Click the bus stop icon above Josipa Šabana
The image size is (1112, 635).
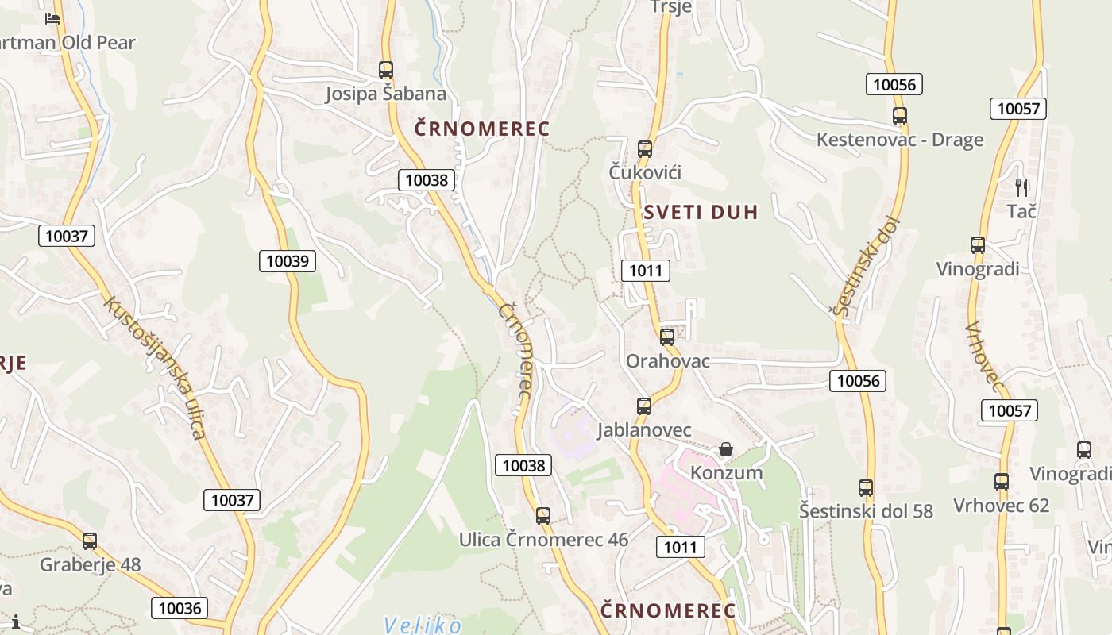point(386,70)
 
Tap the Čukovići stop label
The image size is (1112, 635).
point(645,172)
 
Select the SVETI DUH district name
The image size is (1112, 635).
point(701,212)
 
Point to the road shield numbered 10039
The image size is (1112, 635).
point(288,260)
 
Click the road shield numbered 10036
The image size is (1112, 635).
point(180,608)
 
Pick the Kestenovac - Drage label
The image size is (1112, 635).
point(900,140)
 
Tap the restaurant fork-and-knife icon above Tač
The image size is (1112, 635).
point(1021,188)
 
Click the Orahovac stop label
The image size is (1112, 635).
point(667,361)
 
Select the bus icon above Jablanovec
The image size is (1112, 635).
point(644,406)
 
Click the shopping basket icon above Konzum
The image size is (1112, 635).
point(726,449)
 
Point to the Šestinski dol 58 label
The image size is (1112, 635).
point(866,510)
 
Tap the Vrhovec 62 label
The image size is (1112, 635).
point(1001,506)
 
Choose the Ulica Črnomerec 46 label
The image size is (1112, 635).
point(543,540)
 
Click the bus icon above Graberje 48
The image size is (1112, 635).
point(90,541)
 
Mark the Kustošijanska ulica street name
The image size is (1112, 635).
point(155,368)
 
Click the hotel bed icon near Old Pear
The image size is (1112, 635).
point(52,18)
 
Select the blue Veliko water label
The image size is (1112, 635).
point(422,625)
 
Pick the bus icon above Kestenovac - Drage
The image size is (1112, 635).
point(900,116)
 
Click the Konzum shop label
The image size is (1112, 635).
point(726,473)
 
